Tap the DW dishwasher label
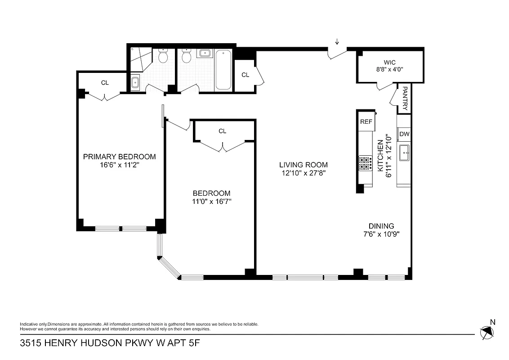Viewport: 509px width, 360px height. [x=404, y=134]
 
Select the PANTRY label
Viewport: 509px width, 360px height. [x=405, y=99]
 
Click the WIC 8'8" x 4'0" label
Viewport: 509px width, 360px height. [x=389, y=69]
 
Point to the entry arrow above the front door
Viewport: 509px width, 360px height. [x=337, y=42]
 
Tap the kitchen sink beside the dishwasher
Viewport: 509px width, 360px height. [x=404, y=153]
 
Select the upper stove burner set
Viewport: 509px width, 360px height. [x=365, y=159]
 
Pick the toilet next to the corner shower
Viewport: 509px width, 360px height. [x=163, y=56]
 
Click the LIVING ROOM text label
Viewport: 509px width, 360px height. [x=303, y=165]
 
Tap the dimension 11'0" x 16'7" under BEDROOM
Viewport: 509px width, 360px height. [x=211, y=201]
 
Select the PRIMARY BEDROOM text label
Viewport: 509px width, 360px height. [x=120, y=157]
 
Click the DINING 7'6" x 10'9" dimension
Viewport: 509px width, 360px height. [x=381, y=234]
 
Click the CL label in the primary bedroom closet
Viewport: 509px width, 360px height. [x=105, y=83]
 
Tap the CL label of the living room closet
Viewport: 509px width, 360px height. [x=245, y=75]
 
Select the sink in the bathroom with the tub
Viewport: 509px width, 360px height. [x=205, y=54]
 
